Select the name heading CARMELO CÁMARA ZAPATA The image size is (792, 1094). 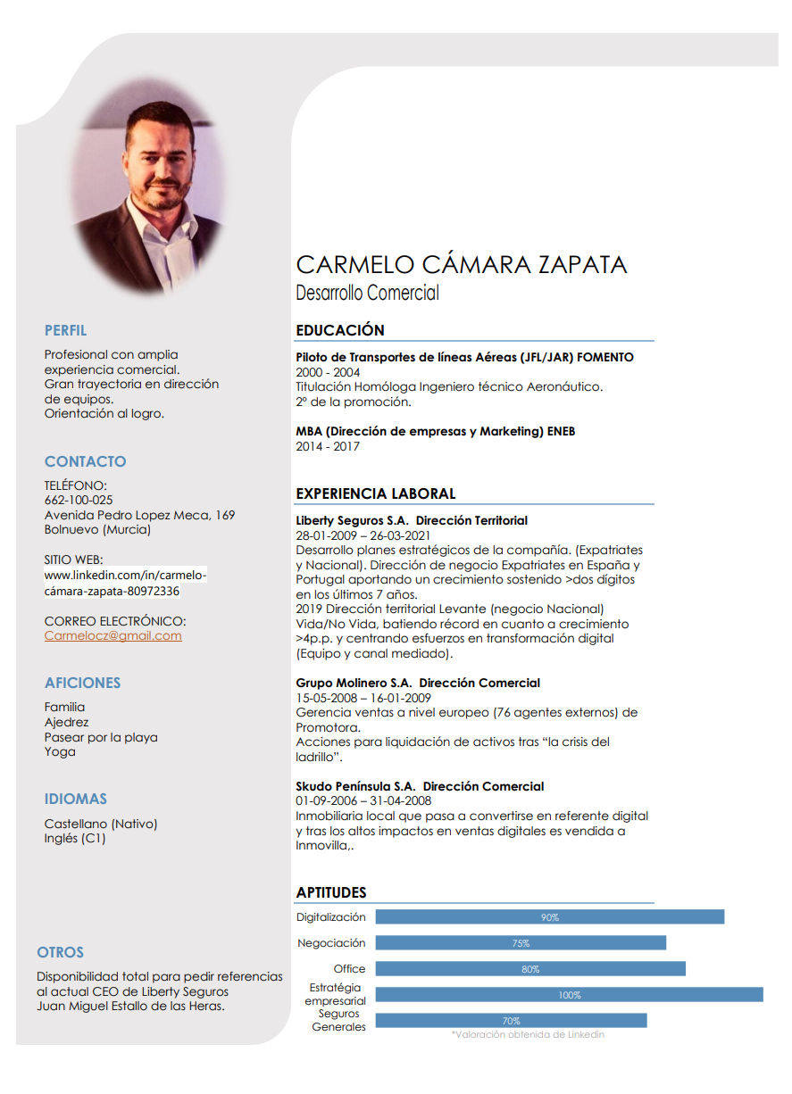461,264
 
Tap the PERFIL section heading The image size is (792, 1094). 66,330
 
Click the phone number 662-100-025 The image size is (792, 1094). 79,500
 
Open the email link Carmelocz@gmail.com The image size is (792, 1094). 113,635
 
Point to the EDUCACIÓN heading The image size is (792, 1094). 340,330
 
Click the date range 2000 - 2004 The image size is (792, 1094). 328,372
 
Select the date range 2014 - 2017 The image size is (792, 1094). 328,446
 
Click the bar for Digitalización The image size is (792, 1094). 549,917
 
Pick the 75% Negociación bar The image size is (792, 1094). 521,943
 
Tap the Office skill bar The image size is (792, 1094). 530,969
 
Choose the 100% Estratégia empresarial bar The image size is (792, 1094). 569,995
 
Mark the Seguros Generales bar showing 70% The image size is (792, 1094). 511,1021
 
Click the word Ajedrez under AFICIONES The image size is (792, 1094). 67,722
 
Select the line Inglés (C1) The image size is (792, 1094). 75,838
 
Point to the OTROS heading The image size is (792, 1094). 60,952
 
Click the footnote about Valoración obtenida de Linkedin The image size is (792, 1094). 528,1034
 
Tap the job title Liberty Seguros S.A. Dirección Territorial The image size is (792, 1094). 412,520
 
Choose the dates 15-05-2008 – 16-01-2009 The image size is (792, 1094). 363,698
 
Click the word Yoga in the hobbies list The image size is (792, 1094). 60,751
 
